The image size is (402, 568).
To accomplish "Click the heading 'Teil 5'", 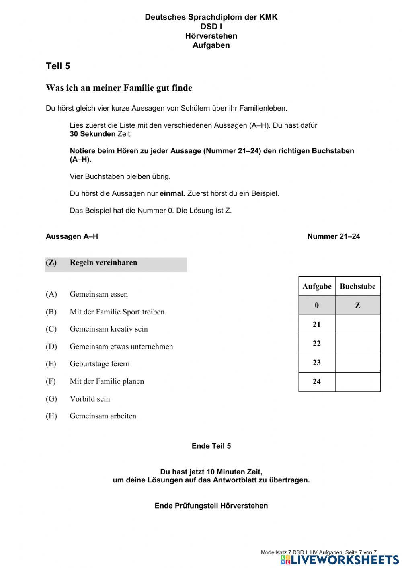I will coord(58,66).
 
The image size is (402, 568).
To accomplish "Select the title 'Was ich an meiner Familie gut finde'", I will coord(119,88).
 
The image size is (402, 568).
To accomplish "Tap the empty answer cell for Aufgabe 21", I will coord(357,324).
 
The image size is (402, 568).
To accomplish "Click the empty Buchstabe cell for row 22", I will coord(357,344).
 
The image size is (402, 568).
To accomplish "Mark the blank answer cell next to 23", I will coord(357,363).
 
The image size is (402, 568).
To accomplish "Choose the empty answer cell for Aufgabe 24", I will coord(357,382).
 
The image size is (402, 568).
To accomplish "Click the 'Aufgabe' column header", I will coord(317,287).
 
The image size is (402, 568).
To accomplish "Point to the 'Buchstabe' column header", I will coord(357,287).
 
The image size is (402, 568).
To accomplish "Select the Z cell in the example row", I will coord(357,306).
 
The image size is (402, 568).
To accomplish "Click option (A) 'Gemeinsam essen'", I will coord(98,294).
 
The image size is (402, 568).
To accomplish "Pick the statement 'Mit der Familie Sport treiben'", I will coord(117,312).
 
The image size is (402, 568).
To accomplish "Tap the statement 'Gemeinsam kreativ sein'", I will coord(109,329).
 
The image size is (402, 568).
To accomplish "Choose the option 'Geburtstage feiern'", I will coord(100,364).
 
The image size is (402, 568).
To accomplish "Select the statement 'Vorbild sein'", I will coord(90,399).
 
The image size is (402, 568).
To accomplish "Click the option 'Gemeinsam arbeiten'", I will coord(103,416).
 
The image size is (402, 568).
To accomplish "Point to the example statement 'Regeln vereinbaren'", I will coord(103,263).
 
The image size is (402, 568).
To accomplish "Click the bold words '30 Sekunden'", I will coord(92,134).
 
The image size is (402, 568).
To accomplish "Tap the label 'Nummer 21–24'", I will coord(333,236).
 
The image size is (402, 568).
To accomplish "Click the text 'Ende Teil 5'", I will coord(211,446).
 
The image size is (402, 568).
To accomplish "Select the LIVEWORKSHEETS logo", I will coord(340,560).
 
